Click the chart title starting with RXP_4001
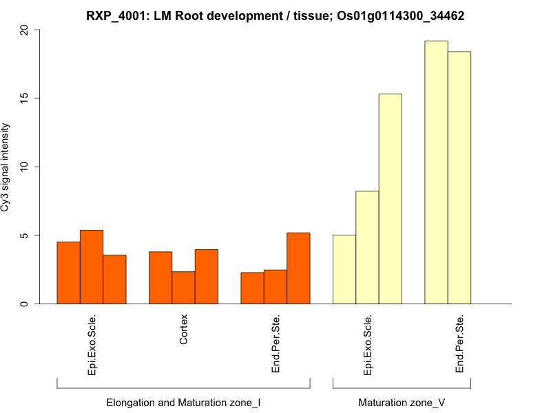(x=275, y=15)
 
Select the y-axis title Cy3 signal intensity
(x=6, y=167)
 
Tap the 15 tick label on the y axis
(x=25, y=98)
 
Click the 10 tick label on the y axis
(x=25, y=167)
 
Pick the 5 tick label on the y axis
(x=25, y=235)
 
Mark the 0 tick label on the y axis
(x=25, y=304)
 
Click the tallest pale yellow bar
(x=436, y=172)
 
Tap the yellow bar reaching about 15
(x=390, y=199)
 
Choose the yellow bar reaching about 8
(x=367, y=247)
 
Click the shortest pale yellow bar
(x=344, y=269)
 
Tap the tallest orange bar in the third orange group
(x=298, y=268)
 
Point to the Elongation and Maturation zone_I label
(x=183, y=402)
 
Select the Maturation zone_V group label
(x=402, y=402)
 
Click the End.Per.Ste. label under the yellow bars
(x=459, y=344)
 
